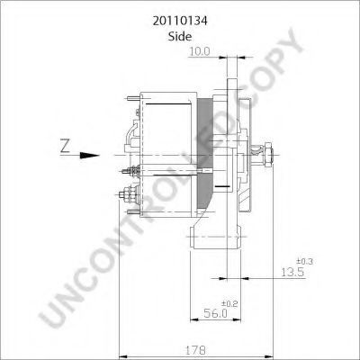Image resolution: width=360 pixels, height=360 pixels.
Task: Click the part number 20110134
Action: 180,21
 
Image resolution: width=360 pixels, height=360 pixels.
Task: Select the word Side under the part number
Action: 180,37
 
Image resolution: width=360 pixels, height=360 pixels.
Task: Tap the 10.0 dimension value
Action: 200,51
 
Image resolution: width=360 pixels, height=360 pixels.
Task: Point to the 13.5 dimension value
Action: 292,272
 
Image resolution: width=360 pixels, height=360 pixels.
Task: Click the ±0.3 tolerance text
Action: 304,261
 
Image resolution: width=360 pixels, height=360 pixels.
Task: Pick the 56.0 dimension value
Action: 215,313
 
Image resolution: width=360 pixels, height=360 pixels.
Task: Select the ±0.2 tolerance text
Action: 229,303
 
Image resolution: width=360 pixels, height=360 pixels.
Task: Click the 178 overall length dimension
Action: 195,350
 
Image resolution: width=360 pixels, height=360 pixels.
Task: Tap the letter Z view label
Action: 65,146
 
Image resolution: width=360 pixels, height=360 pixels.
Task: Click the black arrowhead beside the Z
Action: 89,156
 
